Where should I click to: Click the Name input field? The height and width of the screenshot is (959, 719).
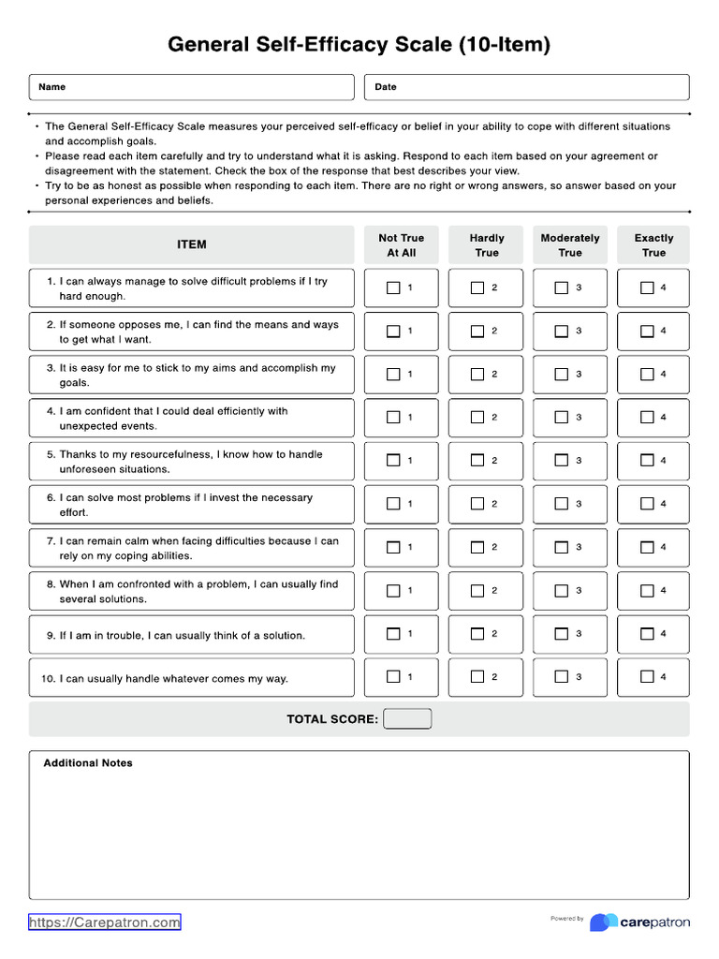pyautogui.click(x=192, y=87)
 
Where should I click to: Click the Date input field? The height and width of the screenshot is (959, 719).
pyautogui.click(x=526, y=87)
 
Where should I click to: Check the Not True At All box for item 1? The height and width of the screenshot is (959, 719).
pyautogui.click(x=393, y=288)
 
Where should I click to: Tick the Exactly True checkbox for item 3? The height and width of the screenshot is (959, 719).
pyautogui.click(x=647, y=374)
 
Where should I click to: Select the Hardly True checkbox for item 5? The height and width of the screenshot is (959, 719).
pyautogui.click(x=477, y=460)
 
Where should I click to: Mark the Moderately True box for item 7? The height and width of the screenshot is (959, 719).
pyautogui.click(x=562, y=547)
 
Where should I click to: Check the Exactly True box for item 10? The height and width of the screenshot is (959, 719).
pyautogui.click(x=647, y=676)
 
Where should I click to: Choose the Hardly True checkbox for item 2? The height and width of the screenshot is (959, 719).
pyautogui.click(x=477, y=331)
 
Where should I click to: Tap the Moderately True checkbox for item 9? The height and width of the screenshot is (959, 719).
pyautogui.click(x=562, y=633)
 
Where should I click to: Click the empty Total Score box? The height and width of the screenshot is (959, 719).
pyautogui.click(x=407, y=719)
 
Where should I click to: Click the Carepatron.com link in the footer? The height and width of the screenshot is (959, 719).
pyautogui.click(x=105, y=922)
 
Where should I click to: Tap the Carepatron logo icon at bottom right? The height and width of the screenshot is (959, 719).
pyautogui.click(x=603, y=922)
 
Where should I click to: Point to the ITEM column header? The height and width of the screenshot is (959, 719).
pyautogui.click(x=192, y=244)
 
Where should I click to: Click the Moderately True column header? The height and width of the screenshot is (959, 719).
pyautogui.click(x=570, y=245)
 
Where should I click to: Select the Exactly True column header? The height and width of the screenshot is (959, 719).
pyautogui.click(x=653, y=245)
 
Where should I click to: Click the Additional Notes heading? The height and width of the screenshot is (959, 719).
pyautogui.click(x=88, y=763)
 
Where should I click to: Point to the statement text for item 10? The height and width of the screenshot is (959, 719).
pyautogui.click(x=174, y=679)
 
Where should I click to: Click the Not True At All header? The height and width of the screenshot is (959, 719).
pyautogui.click(x=401, y=245)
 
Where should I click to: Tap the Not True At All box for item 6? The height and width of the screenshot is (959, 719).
pyautogui.click(x=393, y=504)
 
